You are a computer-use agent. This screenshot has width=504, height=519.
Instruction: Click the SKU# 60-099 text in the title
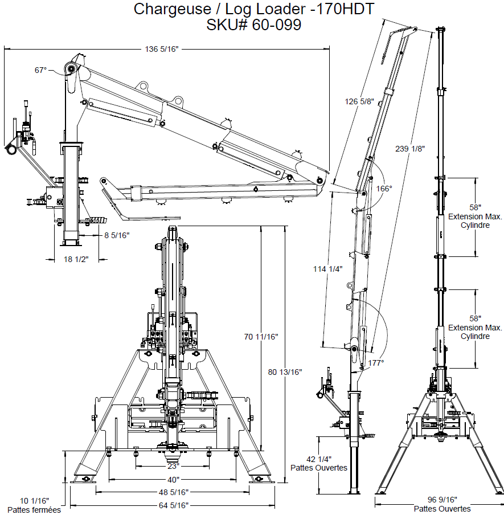[x=254, y=25]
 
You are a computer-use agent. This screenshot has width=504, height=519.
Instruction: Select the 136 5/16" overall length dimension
[x=162, y=50]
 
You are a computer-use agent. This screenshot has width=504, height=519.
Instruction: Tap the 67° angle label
[x=40, y=70]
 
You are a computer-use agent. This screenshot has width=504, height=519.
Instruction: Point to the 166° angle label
[x=384, y=188]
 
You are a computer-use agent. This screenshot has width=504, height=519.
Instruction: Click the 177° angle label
[x=375, y=362]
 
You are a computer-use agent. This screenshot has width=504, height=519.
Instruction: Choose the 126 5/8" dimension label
[x=360, y=102]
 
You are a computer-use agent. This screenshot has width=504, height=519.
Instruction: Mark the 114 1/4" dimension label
[x=328, y=269]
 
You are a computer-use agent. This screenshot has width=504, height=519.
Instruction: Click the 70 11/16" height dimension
[x=261, y=337]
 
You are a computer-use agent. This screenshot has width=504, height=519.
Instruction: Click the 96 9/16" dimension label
[x=440, y=499]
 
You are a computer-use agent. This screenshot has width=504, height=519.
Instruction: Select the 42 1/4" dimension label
[x=319, y=459]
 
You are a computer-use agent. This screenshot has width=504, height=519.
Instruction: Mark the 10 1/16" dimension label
[x=34, y=501]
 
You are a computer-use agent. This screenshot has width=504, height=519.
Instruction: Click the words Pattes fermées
[x=34, y=510]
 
